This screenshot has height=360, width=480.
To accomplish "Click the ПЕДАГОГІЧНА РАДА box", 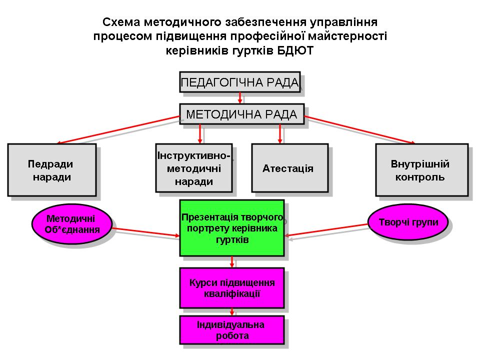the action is [x=239, y=82].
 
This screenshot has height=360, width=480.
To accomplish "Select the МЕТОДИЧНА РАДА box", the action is [x=241, y=114].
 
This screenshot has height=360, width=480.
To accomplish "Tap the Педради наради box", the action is [x=52, y=170].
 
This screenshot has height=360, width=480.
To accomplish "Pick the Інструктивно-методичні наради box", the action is [x=194, y=168].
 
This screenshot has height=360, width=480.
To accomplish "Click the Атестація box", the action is [x=290, y=168].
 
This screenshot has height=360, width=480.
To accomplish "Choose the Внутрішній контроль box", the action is [x=422, y=170].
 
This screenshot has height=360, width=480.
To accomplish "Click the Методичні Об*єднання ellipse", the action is [x=72, y=224].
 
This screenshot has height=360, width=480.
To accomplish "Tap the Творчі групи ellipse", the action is [x=408, y=222].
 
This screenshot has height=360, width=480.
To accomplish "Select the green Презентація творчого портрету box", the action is [x=232, y=228].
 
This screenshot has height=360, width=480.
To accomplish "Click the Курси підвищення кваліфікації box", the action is [x=232, y=288].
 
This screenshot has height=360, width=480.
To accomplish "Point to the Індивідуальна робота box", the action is [x=232, y=330].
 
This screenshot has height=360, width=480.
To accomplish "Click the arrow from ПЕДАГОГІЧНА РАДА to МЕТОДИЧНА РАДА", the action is [x=240, y=98].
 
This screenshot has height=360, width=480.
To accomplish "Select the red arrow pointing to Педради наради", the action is [x=118, y=130].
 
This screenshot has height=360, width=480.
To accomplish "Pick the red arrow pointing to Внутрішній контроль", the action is [x=360, y=130].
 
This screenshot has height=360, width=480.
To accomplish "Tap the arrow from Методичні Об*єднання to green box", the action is [x=145, y=232].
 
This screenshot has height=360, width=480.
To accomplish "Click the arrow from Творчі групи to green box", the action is [x=326, y=230].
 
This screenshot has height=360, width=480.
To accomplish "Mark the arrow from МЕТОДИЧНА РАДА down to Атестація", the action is [x=280, y=134].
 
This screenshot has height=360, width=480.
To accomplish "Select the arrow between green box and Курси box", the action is [x=232, y=262].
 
